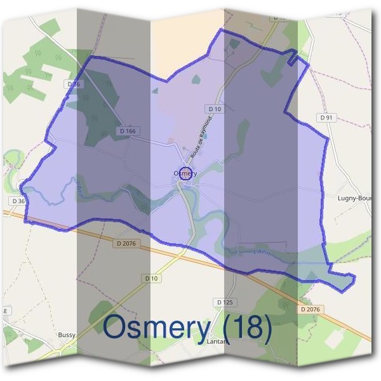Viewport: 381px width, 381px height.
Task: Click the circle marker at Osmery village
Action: pyautogui.click(x=185, y=173)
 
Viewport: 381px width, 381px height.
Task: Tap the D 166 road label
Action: pyautogui.click(x=128, y=131)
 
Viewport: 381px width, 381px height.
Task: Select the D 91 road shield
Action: pyautogui.click(x=326, y=117)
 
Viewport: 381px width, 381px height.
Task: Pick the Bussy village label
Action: pyautogui.click(x=67, y=335)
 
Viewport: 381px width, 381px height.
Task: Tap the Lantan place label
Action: pyautogui.click(x=218, y=341)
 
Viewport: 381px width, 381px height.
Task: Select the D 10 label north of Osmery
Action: pyautogui.click(x=215, y=109)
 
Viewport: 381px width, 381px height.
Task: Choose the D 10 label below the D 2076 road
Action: pyautogui.click(x=150, y=278)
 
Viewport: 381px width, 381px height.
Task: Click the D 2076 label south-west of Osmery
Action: pyautogui.click(x=127, y=243)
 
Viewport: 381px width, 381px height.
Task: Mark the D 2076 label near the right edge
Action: pyautogui.click(x=311, y=309)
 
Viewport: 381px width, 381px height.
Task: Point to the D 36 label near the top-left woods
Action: pyautogui.click(x=74, y=84)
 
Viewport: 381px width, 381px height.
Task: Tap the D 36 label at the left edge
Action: pyautogui.click(x=17, y=201)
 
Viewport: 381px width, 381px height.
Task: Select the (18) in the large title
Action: pyautogui.click(x=244, y=328)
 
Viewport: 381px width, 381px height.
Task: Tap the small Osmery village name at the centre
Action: pyautogui.click(x=185, y=173)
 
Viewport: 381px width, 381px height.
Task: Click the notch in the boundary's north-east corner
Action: pyautogui.click(x=293, y=58)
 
